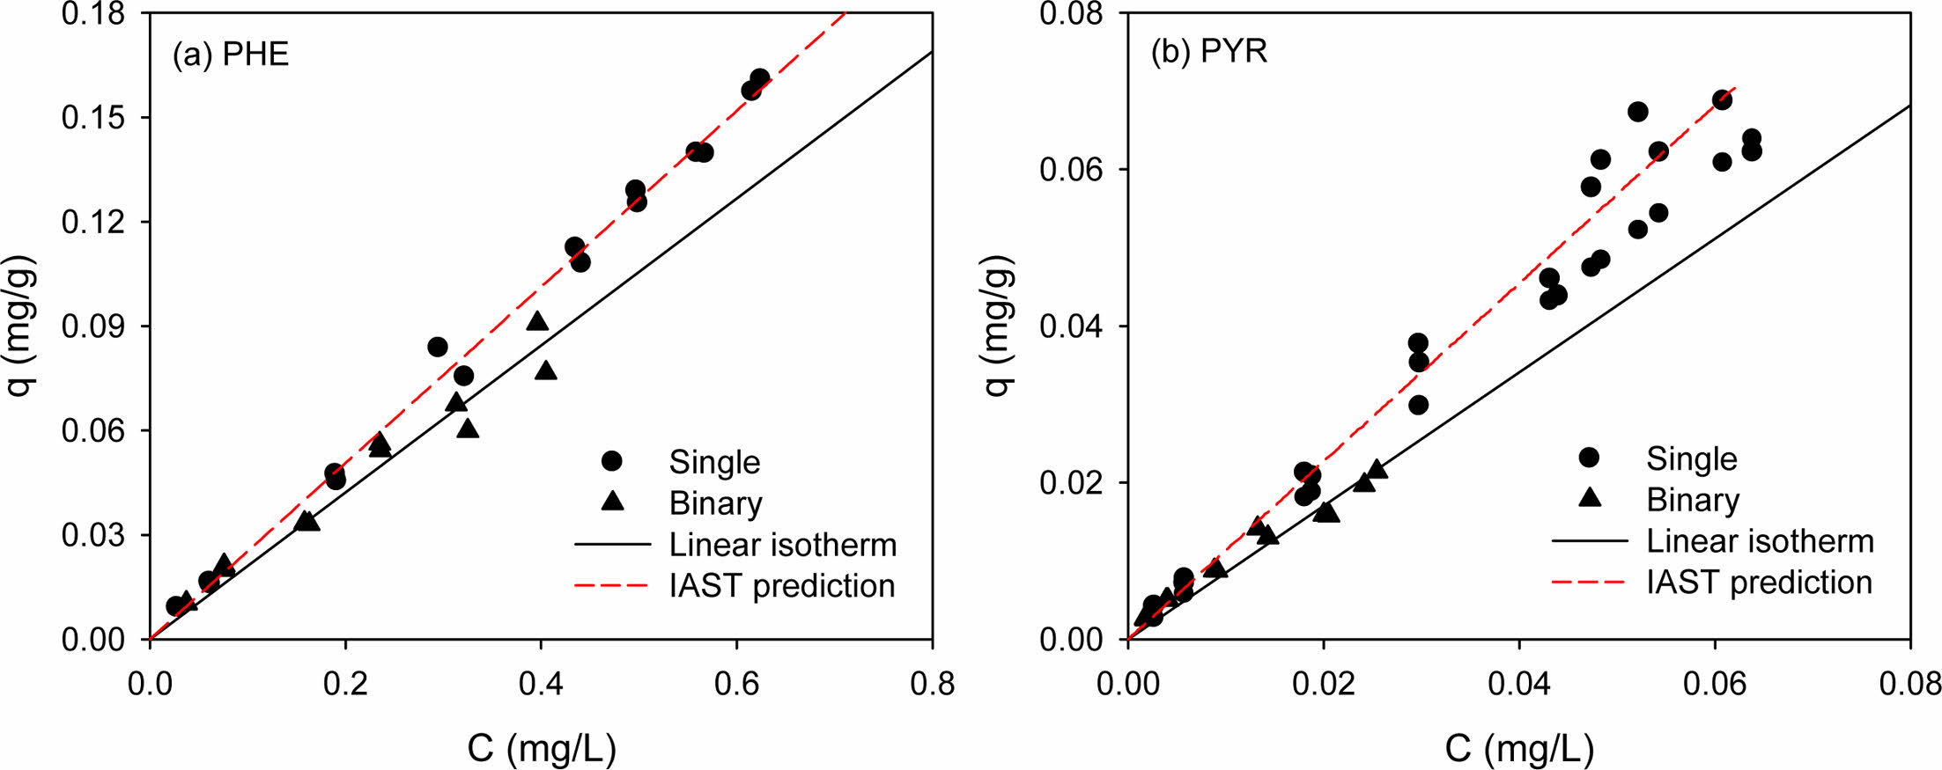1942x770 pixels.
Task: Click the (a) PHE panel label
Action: tap(231, 55)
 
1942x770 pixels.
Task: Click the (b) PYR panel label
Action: tap(1209, 51)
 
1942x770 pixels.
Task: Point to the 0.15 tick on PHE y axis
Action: tap(92, 117)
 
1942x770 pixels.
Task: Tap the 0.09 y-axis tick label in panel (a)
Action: tap(92, 326)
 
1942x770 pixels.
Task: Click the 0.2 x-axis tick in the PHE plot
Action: tap(345, 684)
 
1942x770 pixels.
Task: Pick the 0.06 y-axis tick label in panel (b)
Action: tap(1070, 169)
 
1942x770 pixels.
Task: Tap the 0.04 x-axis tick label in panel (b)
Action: tap(1519, 684)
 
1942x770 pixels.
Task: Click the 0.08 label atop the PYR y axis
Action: tap(1070, 14)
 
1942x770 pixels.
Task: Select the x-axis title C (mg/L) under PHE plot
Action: tap(542, 748)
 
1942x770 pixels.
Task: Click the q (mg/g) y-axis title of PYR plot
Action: tap(998, 326)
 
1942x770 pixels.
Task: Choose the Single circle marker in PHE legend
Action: tap(612, 461)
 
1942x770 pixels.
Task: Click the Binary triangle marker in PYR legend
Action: tap(1590, 497)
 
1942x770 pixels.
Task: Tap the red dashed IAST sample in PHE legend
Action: tap(612, 585)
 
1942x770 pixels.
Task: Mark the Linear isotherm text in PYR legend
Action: tap(1760, 541)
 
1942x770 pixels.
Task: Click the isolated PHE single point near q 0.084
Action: tap(438, 347)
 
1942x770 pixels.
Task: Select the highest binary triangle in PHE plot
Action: tap(537, 321)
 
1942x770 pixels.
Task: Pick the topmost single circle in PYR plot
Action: tap(1722, 99)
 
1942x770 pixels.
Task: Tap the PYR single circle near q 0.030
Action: tap(1418, 405)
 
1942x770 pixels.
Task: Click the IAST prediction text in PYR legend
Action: tap(1759, 583)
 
